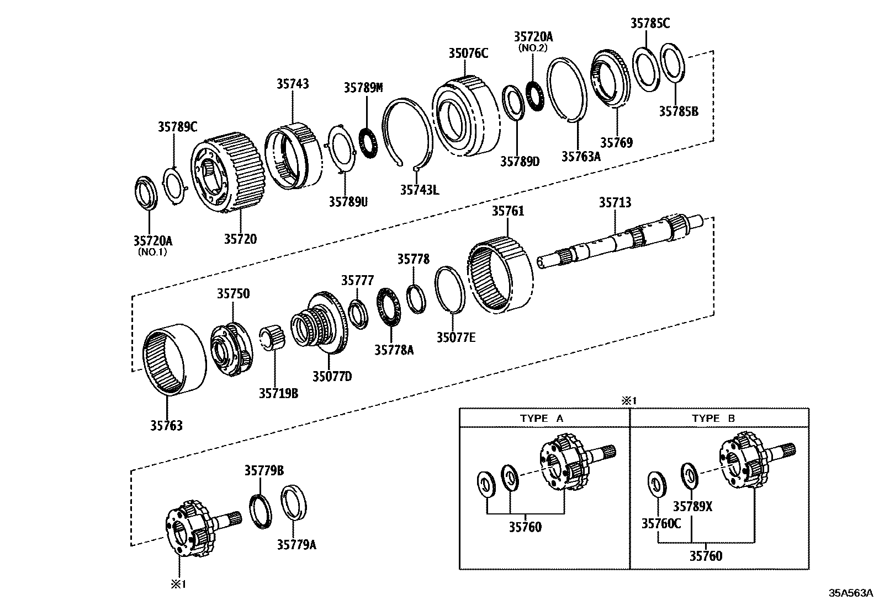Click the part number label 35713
[615, 203]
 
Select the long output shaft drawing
[618, 243]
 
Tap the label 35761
[508, 211]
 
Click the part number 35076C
[468, 53]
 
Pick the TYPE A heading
[541, 419]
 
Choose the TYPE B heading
[713, 419]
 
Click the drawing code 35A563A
[850, 593]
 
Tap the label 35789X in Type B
[692, 506]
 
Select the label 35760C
[661, 523]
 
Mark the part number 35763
[166, 425]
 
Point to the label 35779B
[264, 470]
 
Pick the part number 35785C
[650, 23]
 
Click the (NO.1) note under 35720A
[152, 252]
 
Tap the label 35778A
[394, 350]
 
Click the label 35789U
[348, 202]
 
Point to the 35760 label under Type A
[525, 527]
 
